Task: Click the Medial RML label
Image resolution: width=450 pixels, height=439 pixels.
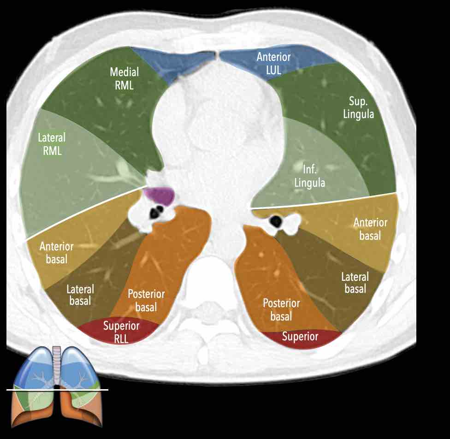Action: pos(124,78)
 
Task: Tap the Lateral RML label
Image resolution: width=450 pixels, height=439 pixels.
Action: pos(52,144)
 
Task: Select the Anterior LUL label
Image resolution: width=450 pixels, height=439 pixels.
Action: pos(273,64)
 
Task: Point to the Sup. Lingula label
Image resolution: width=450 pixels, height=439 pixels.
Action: pos(358,107)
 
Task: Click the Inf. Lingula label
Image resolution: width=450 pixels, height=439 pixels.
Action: pos(310,176)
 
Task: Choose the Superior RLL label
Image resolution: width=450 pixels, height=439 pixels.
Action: pos(121,332)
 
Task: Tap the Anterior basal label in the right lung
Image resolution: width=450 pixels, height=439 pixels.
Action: pos(57,253)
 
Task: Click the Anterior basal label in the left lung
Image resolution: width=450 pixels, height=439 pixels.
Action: pos(370,229)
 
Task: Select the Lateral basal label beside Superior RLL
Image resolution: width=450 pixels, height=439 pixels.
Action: pos(80,295)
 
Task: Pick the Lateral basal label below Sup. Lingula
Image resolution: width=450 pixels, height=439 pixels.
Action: pos(355,283)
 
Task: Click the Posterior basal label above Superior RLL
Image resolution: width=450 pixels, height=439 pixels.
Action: pos(146,300)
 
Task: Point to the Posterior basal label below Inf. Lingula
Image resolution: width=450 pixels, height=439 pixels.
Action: pos(281,310)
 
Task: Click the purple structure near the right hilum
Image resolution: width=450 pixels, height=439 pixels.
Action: pos(159,196)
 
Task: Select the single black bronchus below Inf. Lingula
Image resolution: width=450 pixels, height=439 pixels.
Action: pos(276,221)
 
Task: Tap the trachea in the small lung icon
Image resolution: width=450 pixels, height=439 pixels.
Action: pos(57,365)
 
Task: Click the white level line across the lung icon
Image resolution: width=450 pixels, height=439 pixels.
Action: pos(57,390)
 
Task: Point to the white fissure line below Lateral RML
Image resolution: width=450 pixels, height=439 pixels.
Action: pos(87,213)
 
